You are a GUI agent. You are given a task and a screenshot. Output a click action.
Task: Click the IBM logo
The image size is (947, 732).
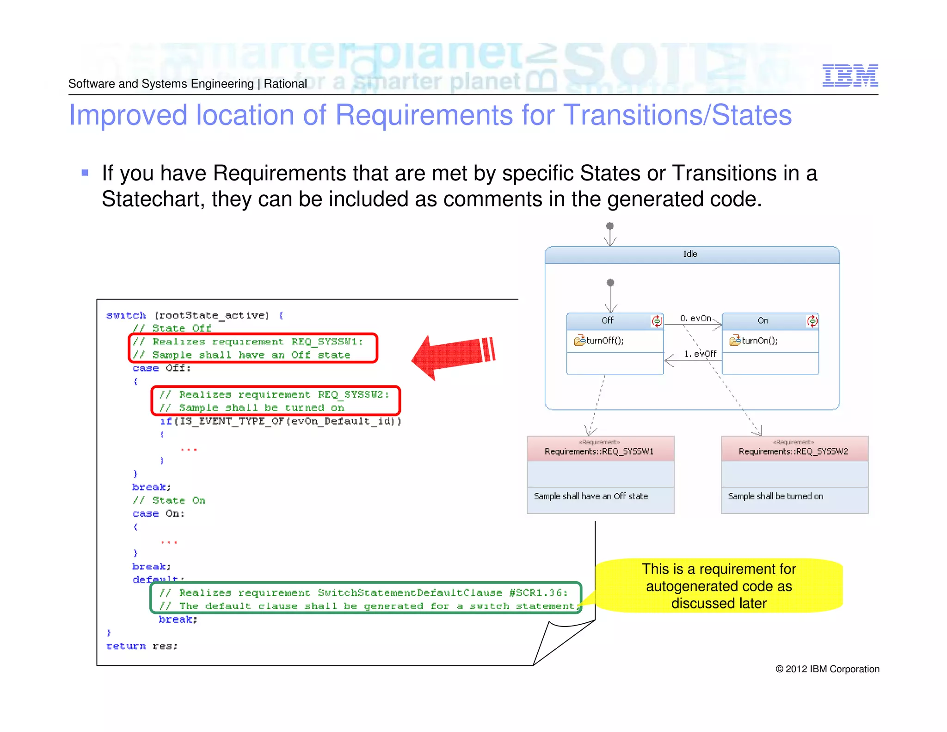[x=850, y=75]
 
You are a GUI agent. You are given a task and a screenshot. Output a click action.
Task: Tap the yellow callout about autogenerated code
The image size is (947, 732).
[x=719, y=586]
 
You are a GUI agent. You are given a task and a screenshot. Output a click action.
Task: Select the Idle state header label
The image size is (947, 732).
[x=690, y=254]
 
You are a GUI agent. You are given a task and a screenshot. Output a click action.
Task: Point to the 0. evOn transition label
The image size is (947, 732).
[x=695, y=318]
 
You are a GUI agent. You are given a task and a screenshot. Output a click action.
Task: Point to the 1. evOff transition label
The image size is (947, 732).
[x=700, y=354]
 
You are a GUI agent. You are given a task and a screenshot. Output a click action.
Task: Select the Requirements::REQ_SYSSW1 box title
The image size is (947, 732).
[x=599, y=451]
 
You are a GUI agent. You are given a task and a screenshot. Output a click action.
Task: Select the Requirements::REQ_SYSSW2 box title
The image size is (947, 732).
[x=793, y=451]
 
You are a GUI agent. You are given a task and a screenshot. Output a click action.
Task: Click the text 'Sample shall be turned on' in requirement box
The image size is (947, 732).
[x=775, y=496]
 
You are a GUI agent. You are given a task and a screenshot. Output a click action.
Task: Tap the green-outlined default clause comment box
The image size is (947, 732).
[x=365, y=599]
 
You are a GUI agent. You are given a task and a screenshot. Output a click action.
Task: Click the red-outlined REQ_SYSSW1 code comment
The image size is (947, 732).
[x=253, y=348]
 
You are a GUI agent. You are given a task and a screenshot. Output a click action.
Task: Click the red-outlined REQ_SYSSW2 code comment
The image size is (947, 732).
[x=276, y=401]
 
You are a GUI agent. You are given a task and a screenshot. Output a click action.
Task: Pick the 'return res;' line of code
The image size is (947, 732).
[x=142, y=646]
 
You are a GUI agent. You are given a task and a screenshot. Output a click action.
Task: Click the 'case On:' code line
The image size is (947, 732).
[x=158, y=514]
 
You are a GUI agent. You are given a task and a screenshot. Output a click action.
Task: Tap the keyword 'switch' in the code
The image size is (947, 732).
[x=126, y=315]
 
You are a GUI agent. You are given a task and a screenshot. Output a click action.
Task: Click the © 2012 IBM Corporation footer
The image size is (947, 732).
[x=827, y=669]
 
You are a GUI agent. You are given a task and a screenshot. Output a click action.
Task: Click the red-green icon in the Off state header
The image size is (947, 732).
[x=657, y=321]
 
